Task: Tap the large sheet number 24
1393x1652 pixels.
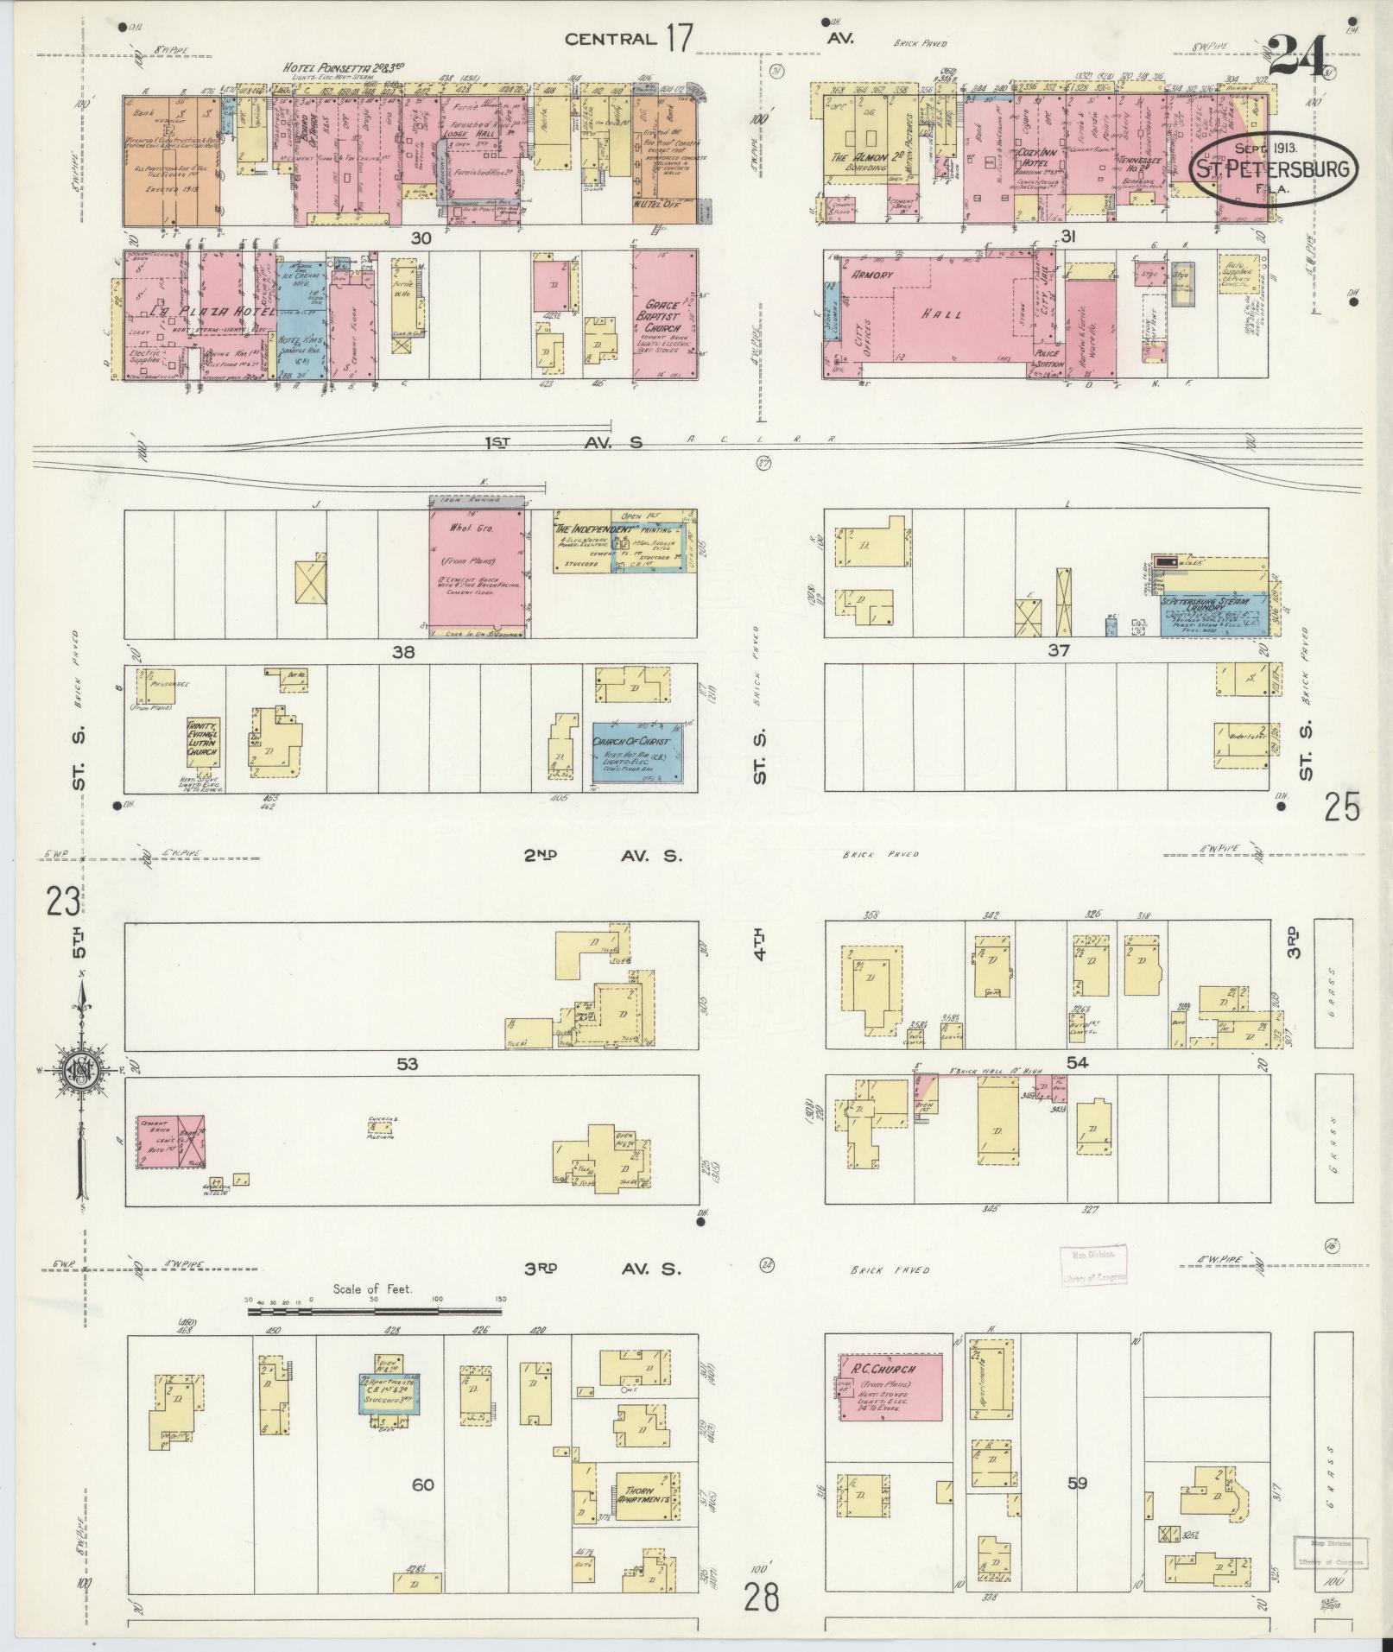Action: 1298,58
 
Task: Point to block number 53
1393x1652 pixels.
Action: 407,1065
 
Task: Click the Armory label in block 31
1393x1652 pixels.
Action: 872,274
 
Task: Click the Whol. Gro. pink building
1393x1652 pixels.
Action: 477,570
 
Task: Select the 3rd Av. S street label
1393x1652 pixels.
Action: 601,1269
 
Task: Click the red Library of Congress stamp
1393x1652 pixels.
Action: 1092,1266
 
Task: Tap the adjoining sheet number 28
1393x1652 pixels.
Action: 764,1596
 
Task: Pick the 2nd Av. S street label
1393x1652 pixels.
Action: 601,857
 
